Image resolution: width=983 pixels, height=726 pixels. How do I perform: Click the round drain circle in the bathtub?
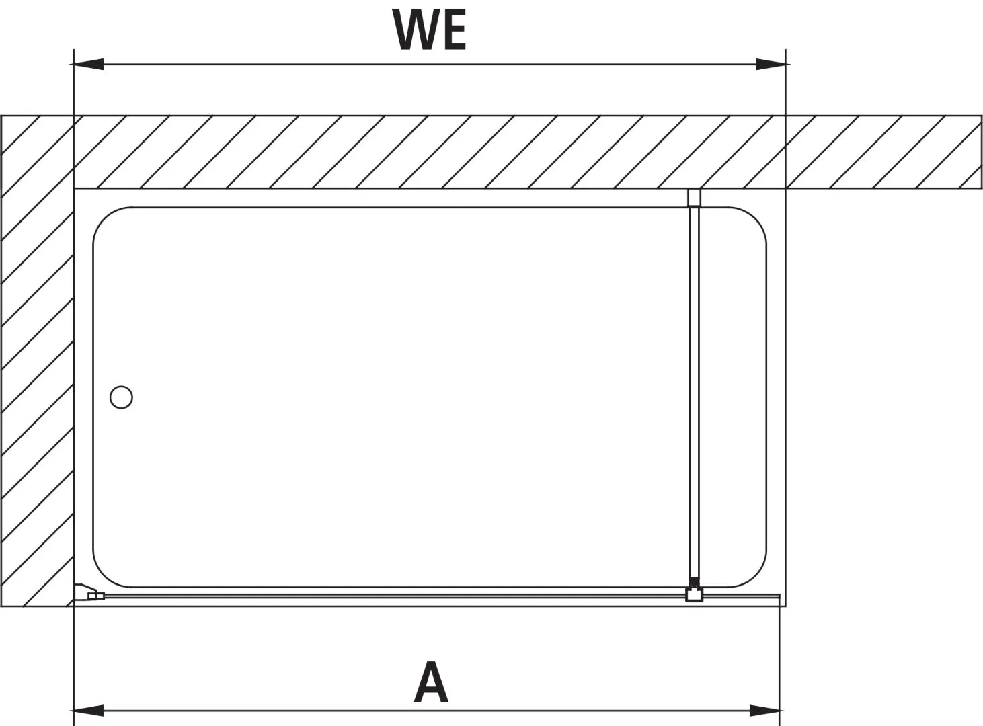121,397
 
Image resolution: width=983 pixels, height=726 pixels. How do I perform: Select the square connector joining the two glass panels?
694,594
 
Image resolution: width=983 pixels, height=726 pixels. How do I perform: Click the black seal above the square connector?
694,581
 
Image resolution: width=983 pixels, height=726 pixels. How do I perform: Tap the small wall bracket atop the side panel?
694,198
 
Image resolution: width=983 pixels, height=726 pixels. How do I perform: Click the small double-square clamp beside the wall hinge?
95,596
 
